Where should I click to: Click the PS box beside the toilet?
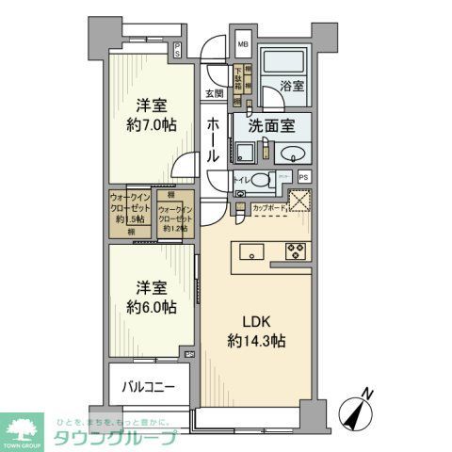[303, 176]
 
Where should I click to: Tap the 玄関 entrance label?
[212, 92]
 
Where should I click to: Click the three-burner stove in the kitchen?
[296, 250]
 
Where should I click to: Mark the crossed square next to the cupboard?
[301, 201]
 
